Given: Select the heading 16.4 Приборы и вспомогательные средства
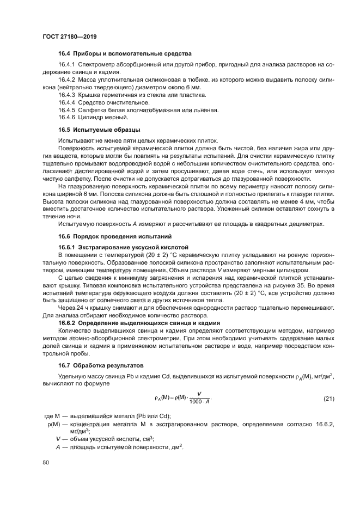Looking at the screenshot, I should pos(125,54).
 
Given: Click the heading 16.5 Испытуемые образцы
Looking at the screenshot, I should pos(99,130).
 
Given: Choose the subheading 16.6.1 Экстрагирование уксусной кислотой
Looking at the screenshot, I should pos(123,247).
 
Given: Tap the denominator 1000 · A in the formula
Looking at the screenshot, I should pos(199,402).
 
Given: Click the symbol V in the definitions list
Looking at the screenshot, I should pos(58,439).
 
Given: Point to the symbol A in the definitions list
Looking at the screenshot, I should pos(58,447).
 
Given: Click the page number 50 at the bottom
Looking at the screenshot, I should pos(46,462).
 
